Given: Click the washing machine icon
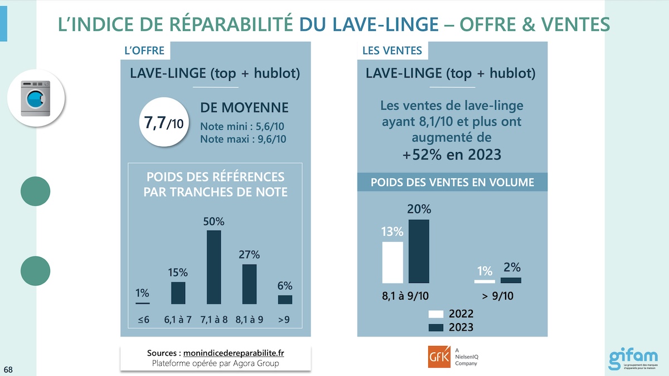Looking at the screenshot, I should tap(36, 99).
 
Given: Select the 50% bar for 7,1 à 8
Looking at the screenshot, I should tap(214, 267).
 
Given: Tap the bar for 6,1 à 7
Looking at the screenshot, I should tap(178, 293).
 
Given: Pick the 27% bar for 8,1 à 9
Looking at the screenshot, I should tap(249, 284).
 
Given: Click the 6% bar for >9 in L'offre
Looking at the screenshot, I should tap(285, 300).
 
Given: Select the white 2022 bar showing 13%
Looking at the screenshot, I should tap(392, 262).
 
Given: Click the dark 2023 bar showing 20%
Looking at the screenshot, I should tap(419, 251).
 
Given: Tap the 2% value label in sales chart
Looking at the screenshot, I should tap(512, 267).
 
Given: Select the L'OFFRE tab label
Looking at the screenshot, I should tap(144, 51).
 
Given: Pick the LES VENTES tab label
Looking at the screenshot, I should tap(392, 51).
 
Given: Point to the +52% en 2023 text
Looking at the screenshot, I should tap(452, 154).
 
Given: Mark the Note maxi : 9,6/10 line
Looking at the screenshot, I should tap(243, 139).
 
